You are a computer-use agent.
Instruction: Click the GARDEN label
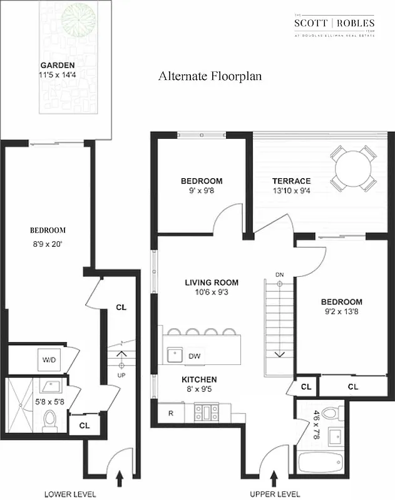(x=58, y=65)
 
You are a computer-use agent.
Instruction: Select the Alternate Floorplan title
(x=210, y=76)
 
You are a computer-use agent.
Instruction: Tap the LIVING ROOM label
(x=212, y=282)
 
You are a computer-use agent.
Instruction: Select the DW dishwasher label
(x=195, y=356)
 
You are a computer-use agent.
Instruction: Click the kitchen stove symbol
(x=205, y=412)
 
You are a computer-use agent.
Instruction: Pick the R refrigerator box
(x=171, y=413)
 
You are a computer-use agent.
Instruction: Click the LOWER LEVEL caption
(x=70, y=494)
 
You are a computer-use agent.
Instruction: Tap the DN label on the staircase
(x=280, y=274)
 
